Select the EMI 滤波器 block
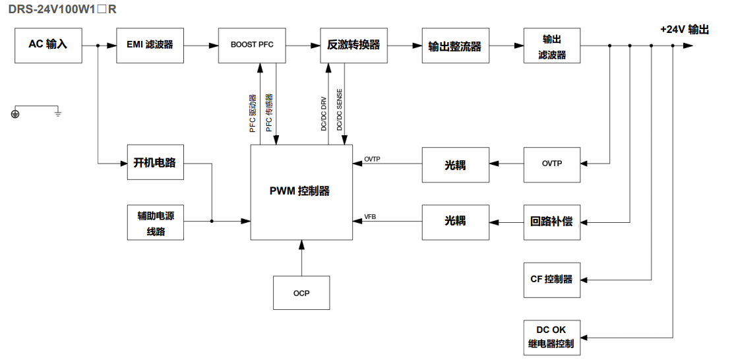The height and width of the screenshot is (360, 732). point(150,45)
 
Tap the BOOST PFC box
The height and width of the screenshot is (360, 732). point(252,45)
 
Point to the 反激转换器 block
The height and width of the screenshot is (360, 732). point(353,45)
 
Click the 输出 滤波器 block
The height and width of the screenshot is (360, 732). point(552,45)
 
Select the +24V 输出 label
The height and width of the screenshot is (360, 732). point(685,29)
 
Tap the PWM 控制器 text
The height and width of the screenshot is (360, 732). point(300,191)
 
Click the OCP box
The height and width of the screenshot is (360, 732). point(301,293)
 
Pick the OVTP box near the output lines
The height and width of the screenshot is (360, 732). point(552,164)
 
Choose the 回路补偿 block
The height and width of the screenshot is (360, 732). point(552,222)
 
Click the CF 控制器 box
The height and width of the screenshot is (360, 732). point(552,279)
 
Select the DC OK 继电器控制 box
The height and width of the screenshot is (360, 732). point(552,336)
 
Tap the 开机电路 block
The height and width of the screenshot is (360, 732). point(155,162)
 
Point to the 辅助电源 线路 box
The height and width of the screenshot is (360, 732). point(155,222)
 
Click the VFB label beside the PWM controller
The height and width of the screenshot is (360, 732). point(370,216)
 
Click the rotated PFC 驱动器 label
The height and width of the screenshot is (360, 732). point(253,113)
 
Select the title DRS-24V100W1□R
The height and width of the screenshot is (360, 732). point(63,10)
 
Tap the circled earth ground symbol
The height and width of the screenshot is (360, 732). point(15,114)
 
